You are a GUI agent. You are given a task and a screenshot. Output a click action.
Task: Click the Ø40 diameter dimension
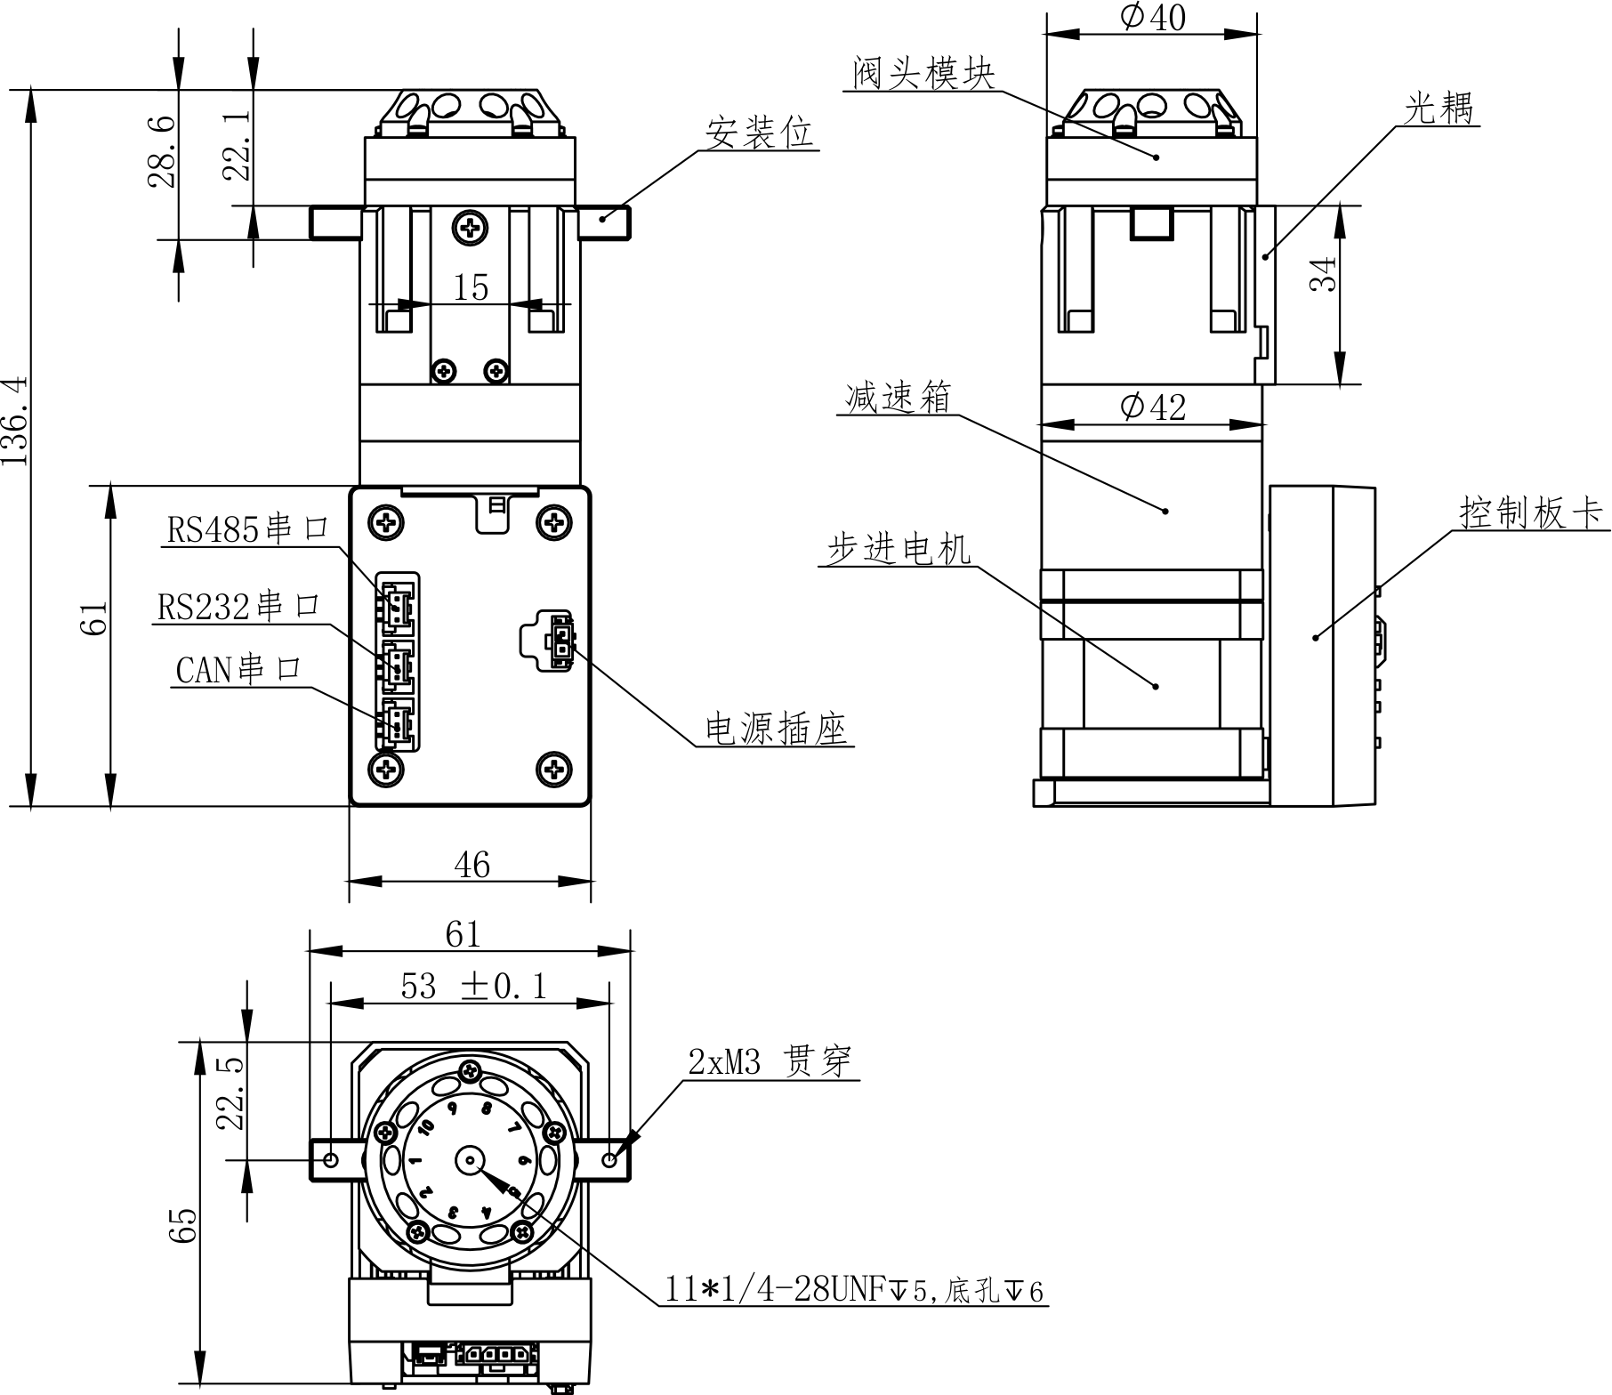(1153, 17)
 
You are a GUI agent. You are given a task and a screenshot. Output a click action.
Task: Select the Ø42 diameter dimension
(1153, 407)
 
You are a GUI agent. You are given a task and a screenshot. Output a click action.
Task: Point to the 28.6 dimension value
(161, 151)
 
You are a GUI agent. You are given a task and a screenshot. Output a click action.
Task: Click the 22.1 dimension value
(237, 146)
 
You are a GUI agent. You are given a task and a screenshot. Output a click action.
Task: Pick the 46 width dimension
(472, 864)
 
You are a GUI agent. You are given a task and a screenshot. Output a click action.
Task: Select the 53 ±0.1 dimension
(473, 986)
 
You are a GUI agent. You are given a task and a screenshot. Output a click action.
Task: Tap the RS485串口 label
(248, 529)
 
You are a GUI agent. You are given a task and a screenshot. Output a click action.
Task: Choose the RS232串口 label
(238, 607)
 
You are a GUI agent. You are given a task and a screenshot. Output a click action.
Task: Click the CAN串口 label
(239, 669)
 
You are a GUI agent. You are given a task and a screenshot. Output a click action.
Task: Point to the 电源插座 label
(777, 730)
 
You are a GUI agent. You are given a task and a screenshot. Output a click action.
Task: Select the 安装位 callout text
(759, 133)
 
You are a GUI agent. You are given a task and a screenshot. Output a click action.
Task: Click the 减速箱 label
(898, 397)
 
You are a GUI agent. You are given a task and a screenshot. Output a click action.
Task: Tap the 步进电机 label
(899, 549)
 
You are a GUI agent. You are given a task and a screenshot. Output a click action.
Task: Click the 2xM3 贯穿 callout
(770, 1061)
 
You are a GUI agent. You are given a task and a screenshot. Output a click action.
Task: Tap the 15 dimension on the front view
(471, 287)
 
